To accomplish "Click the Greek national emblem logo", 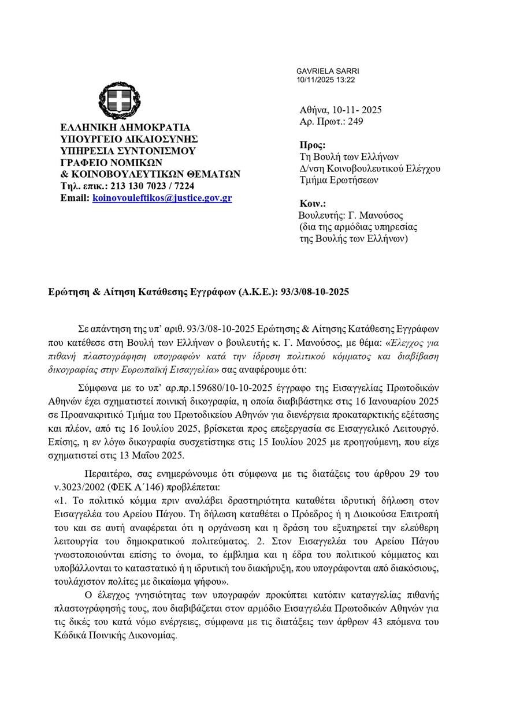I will pyautogui.click(x=119, y=102).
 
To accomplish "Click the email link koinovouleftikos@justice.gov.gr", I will pyautogui.click(x=162, y=197).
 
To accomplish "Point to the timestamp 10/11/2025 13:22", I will pyautogui.click(x=325, y=79).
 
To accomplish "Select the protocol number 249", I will pyautogui.click(x=356, y=121).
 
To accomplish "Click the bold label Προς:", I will pyautogui.click(x=313, y=145).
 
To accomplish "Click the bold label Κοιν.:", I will pyautogui.click(x=313, y=204).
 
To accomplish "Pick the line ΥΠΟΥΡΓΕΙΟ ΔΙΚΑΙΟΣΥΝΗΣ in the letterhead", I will pyautogui.click(x=129, y=139).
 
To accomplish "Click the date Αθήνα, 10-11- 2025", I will pyautogui.click(x=340, y=110).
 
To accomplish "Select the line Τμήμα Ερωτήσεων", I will pyautogui.click(x=338, y=180).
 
